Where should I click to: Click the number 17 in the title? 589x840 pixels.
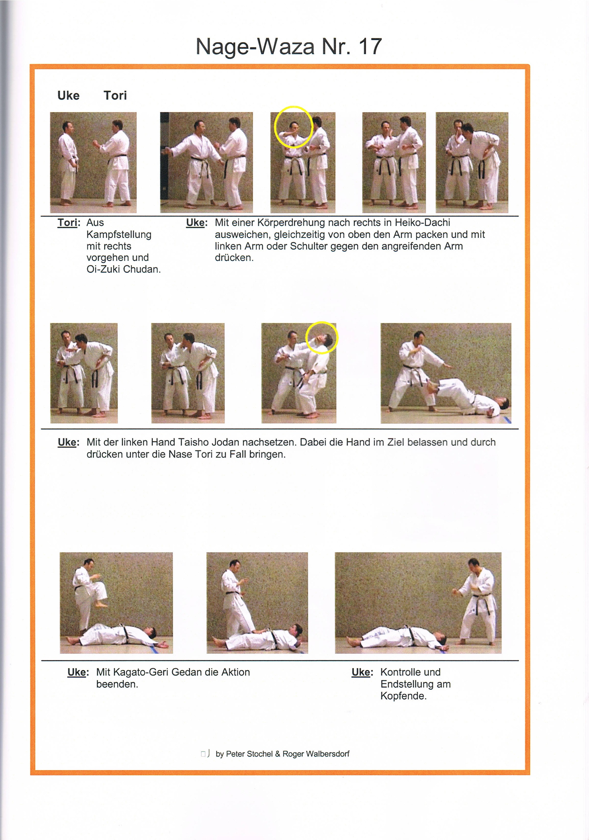pos(370,47)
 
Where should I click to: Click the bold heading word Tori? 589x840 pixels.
pos(115,96)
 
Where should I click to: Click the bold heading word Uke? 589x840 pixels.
pos(68,96)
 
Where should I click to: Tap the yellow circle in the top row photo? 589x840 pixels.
pos(293,127)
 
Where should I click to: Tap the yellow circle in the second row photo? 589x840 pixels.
pos(322,338)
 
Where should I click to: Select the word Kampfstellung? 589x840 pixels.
pos(119,234)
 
